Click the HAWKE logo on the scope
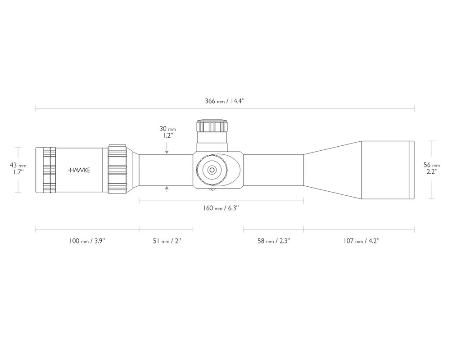[79, 170]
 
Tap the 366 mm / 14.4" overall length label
[225, 101]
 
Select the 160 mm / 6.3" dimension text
[221, 208]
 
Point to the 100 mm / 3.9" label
[87, 241]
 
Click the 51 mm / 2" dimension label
[167, 241]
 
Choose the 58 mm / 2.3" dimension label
[274, 241]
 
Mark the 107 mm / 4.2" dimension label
[362, 241]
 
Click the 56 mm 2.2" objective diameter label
[432, 168]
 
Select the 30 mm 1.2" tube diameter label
[167, 132]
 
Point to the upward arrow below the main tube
[167, 189]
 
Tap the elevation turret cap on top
[212, 126]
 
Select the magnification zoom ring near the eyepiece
[118, 169]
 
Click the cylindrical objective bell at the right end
[388, 170]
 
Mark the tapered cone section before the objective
[333, 170]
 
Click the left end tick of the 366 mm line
[36, 108]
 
